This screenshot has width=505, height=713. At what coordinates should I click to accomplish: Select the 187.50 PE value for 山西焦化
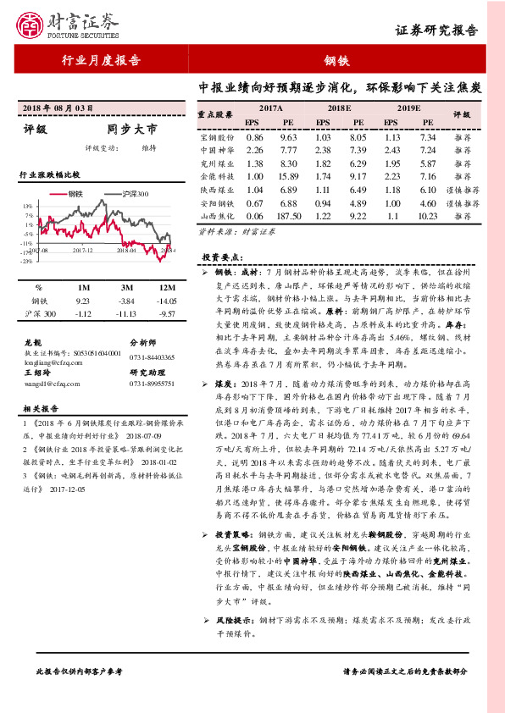point(287,216)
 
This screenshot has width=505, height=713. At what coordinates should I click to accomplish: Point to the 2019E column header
point(408,108)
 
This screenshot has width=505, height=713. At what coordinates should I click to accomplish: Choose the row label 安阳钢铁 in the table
point(216,203)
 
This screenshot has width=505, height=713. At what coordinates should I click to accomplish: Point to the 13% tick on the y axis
point(28,206)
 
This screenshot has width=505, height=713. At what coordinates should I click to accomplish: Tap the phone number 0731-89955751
point(152,384)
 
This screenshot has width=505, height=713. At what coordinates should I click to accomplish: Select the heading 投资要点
point(222,257)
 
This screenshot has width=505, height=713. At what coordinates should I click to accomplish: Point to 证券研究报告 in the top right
point(448,31)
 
